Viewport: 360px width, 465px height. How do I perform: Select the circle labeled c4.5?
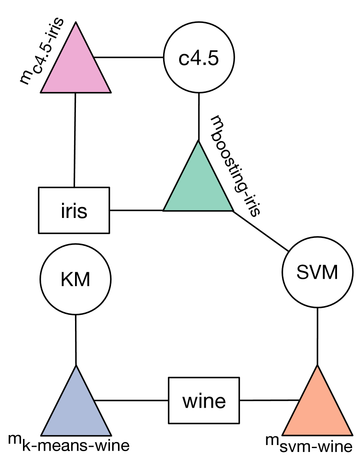pos(199,57)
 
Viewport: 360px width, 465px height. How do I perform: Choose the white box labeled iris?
pos(74,211)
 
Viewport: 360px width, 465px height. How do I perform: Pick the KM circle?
pos(75,279)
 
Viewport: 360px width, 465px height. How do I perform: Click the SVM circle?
pos(317,272)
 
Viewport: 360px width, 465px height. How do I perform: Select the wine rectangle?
pos(204,400)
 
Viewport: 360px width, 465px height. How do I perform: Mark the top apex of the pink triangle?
pos(76,24)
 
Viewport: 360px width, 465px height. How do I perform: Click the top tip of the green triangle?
pos(198,143)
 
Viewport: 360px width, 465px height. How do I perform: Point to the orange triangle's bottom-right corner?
pos(350,434)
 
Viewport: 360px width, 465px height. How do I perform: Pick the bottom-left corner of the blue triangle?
pos(43,434)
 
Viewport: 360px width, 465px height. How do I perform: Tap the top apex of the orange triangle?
pos(317,367)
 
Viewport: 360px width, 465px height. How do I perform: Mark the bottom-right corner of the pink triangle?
pos(109,91)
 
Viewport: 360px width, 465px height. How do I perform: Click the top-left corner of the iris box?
pos(40,188)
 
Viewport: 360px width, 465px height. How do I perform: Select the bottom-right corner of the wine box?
pos(238,422)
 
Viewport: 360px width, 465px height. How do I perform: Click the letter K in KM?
pos(66,280)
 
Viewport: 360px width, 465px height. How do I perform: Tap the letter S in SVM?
pos(302,272)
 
